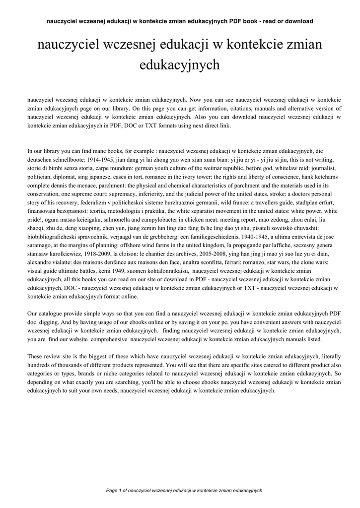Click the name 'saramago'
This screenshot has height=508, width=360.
42,245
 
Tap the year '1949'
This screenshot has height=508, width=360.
117,270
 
